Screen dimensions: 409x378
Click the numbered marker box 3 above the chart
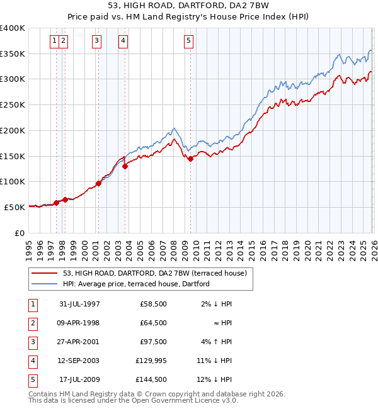96,41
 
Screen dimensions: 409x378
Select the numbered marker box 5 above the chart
189,41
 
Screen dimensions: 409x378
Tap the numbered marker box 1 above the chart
55,41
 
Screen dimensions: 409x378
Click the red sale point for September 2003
125,166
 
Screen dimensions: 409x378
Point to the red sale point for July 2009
190,159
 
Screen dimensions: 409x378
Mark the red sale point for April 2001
98,183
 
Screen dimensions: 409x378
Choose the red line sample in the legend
45,273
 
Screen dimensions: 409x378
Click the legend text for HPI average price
136,284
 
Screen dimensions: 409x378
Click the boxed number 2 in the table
32,323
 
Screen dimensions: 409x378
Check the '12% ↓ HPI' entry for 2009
214,379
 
